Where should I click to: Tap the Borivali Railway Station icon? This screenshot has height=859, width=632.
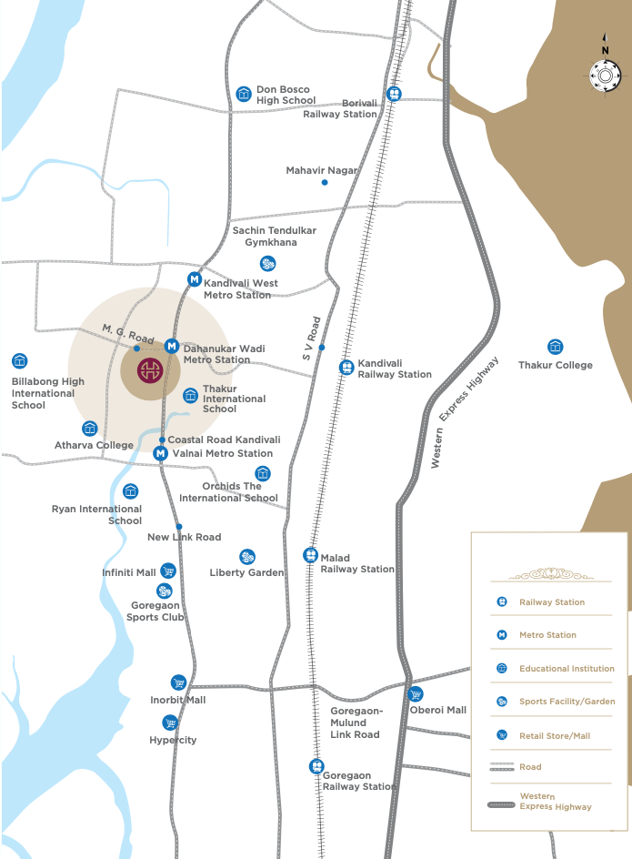[395, 94]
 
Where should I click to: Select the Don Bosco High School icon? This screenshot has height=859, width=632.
[243, 94]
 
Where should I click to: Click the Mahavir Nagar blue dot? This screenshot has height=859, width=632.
[325, 183]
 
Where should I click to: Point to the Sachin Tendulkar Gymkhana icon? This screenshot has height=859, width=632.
[267, 264]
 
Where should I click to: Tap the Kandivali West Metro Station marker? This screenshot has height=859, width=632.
[194, 279]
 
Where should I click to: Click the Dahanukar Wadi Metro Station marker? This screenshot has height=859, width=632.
[171, 346]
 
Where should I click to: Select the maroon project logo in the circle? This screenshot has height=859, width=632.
[150, 370]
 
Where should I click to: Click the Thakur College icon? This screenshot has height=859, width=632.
[555, 347]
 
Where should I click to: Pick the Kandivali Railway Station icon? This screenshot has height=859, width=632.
[346, 368]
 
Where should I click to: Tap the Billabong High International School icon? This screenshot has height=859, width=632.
[19, 361]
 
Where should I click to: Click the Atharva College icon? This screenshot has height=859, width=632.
[89, 429]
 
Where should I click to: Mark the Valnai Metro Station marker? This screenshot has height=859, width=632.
[160, 453]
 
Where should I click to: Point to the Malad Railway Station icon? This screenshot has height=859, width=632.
[310, 555]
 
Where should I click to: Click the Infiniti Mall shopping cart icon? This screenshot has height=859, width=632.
[167, 571]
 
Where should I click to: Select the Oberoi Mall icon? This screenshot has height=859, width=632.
[416, 694]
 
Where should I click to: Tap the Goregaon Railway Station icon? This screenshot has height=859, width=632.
[316, 766]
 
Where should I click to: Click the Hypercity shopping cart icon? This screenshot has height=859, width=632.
[169, 723]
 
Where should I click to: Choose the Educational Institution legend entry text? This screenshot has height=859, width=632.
[567, 669]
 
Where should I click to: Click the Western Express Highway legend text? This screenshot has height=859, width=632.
[556, 802]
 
